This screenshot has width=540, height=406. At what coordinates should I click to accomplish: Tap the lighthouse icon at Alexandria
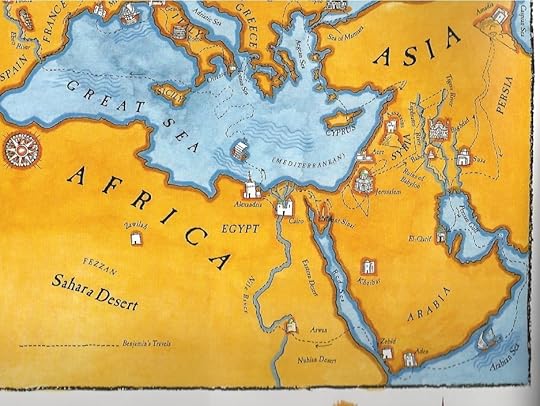coord(250,188)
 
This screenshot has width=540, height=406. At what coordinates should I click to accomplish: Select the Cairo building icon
coord(287,211)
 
